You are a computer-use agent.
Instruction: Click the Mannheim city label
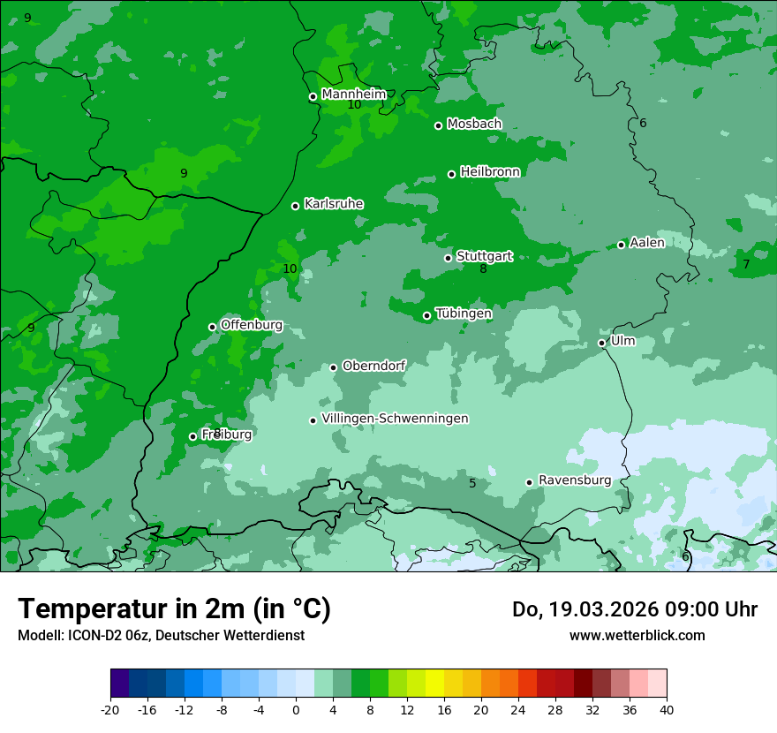point(354,94)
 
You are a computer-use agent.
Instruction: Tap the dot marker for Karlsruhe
point(295,207)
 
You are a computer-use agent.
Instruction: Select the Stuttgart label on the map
point(484,257)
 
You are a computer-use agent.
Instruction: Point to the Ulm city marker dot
point(601,343)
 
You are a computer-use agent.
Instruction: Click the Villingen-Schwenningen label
point(395,419)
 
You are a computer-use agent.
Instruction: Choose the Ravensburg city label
point(574,480)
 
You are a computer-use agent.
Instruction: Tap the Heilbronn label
point(490,172)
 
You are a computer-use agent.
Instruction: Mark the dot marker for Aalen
point(621,245)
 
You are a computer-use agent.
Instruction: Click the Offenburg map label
point(252,325)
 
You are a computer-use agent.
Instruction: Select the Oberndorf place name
point(373,366)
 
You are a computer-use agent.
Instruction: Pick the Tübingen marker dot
point(426,315)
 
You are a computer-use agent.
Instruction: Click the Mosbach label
point(474,125)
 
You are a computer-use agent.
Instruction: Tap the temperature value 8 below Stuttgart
point(483,269)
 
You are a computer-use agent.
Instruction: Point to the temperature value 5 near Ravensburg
point(472,483)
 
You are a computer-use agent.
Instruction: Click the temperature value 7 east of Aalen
point(746,264)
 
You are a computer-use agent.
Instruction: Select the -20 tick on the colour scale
point(110,709)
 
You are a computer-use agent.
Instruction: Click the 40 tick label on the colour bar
point(666,709)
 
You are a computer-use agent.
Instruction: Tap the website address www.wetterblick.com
point(637,635)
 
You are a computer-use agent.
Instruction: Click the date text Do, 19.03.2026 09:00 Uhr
point(634,609)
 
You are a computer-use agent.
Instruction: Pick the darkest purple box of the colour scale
point(119,684)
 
